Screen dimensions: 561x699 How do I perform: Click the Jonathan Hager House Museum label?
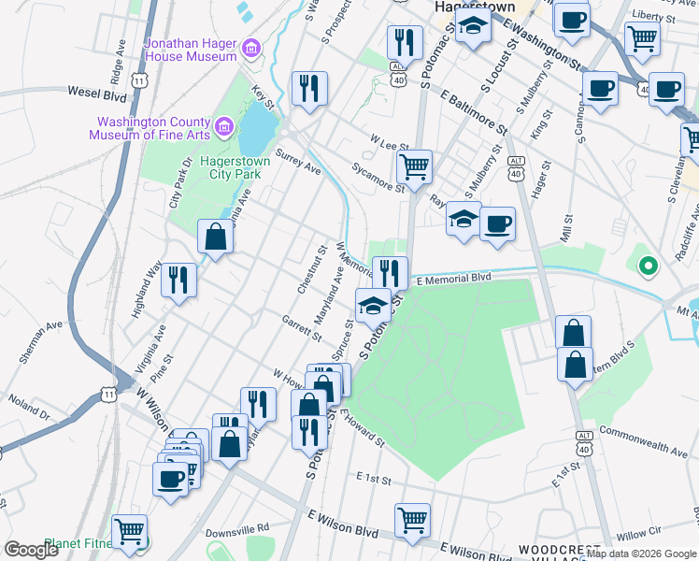click(191, 50)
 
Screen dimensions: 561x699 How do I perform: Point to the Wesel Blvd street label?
click(96, 93)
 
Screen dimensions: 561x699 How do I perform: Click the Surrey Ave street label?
click(298, 161)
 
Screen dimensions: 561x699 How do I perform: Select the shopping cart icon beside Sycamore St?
click(414, 167)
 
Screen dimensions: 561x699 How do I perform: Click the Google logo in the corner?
click(31, 550)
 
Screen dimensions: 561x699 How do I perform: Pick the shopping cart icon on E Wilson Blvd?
click(412, 519)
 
